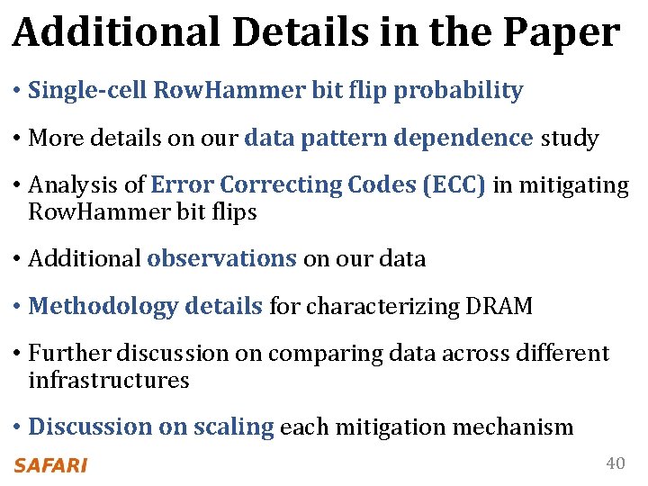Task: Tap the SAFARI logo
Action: point(50,465)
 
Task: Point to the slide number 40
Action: point(615,463)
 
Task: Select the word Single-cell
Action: point(88,91)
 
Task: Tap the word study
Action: point(570,139)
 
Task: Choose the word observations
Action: point(221,259)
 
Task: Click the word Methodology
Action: point(103,307)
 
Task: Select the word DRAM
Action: point(499,307)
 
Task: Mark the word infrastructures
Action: point(109,380)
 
